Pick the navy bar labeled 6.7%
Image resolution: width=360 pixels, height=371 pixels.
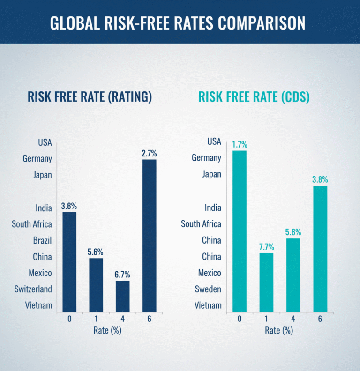(122, 296)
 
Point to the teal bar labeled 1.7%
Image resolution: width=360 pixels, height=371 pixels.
(239, 231)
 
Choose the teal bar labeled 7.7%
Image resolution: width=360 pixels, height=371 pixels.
(266, 282)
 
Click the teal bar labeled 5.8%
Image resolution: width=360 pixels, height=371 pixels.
(293, 275)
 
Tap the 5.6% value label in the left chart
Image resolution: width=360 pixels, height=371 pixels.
(96, 251)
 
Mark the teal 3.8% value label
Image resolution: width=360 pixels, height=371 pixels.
(320, 179)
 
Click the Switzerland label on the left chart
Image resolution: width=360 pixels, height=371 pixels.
(32, 289)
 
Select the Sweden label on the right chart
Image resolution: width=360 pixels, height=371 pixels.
(208, 289)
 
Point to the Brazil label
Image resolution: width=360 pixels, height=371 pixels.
(42, 240)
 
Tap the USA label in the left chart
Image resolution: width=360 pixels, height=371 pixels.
(45, 142)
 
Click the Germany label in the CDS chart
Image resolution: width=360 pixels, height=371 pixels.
(206, 158)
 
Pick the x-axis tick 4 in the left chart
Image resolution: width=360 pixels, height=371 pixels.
(123, 319)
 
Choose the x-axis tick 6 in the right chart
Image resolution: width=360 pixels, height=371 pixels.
(320, 319)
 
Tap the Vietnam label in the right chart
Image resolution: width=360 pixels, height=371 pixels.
(208, 305)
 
